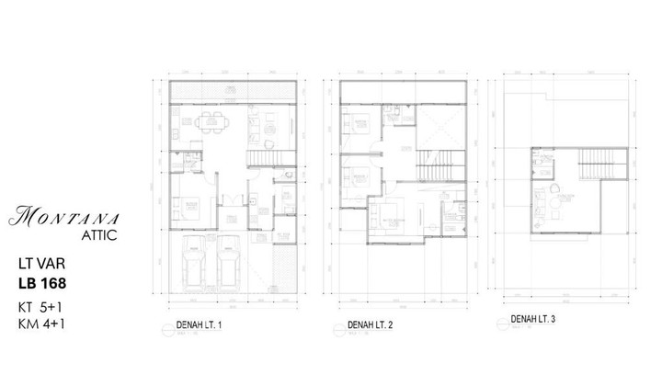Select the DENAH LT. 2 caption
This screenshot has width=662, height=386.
[372, 326]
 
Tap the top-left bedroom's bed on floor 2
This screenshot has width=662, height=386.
[360, 128]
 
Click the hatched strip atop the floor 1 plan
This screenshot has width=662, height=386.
[234, 93]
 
